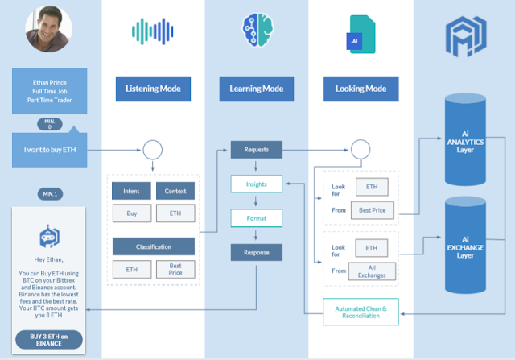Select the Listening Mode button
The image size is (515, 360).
point(153,88)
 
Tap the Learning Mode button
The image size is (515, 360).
point(256,88)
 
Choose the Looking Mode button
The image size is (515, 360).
point(360,88)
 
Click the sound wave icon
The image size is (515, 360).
point(152,31)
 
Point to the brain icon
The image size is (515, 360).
point(256,30)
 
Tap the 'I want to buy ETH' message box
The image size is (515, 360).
point(50,150)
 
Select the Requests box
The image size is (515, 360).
point(256,150)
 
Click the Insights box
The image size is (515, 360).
point(256,184)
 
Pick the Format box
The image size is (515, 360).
point(256,217)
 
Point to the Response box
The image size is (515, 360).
point(256,252)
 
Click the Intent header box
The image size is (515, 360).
point(131,192)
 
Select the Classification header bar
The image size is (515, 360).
point(152,245)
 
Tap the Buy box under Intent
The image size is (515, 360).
point(131,214)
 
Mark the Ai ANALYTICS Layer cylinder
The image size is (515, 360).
point(464,141)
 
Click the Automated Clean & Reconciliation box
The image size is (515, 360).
point(360,311)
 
